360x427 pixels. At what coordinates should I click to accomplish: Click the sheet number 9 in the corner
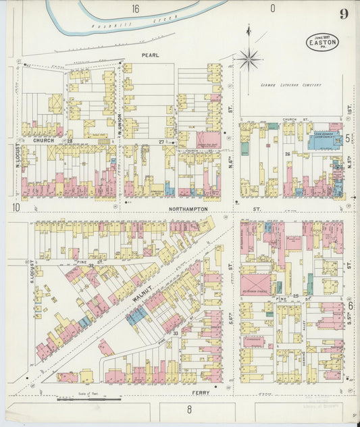[344, 14]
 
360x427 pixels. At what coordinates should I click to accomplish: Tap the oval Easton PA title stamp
[322, 42]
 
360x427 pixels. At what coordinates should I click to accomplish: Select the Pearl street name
[150, 55]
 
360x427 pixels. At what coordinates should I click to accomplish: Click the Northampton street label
[183, 210]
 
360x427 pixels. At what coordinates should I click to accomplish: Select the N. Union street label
[119, 126]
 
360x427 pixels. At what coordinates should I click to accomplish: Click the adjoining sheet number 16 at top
[136, 9]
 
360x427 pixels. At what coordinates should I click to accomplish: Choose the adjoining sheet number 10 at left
[15, 207]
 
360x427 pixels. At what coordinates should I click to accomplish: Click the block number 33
[176, 334]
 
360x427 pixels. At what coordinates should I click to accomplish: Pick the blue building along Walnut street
[136, 314]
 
